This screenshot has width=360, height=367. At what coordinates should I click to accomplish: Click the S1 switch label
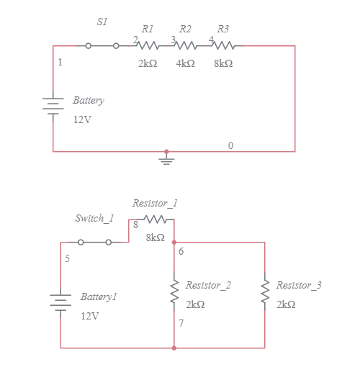(102, 22)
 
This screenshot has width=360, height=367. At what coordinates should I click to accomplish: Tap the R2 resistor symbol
(186, 45)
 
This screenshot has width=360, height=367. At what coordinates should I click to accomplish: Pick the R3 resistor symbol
(224, 45)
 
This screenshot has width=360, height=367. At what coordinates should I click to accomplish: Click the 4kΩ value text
(185, 63)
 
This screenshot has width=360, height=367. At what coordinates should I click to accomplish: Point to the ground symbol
(166, 160)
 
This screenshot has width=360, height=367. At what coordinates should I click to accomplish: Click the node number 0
(230, 145)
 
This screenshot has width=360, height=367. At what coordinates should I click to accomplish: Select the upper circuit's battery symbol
(53, 105)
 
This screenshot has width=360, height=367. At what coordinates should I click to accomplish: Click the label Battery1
(99, 296)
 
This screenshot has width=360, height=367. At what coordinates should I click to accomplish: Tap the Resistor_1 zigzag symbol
(156, 219)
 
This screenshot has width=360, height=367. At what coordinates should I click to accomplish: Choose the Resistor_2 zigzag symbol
(174, 292)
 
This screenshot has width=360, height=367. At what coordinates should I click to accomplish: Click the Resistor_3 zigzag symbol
(265, 292)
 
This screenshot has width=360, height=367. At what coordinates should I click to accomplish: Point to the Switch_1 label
(94, 218)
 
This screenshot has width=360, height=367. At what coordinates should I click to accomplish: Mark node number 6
(181, 251)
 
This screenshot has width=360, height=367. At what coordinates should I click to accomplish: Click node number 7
(181, 323)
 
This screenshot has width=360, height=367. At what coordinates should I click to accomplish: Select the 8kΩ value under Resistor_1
(155, 237)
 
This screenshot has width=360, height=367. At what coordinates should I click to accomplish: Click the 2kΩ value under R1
(147, 63)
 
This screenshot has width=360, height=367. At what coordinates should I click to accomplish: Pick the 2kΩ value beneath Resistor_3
(286, 304)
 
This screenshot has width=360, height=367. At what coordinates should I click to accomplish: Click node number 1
(60, 63)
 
